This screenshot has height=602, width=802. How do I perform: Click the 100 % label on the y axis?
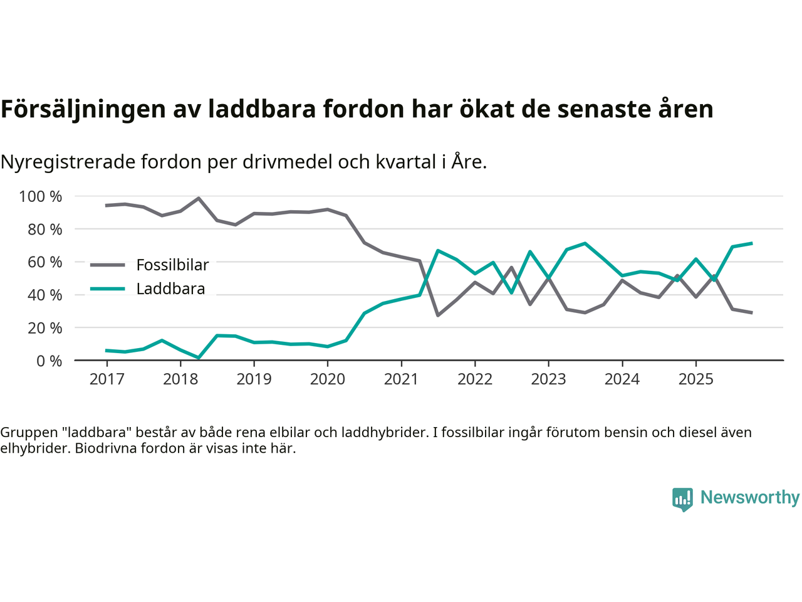(x=41, y=197)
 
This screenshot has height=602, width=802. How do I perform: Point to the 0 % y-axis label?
(x=48, y=361)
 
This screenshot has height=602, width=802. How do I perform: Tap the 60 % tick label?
(x=44, y=262)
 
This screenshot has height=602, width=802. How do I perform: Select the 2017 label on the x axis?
(x=107, y=379)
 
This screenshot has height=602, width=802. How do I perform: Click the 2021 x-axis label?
(x=401, y=379)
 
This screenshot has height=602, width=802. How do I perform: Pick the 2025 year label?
(x=695, y=379)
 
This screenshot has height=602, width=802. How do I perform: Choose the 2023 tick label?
(x=548, y=379)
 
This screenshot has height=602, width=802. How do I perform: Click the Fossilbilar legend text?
(x=172, y=265)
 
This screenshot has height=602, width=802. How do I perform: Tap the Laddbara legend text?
(x=170, y=289)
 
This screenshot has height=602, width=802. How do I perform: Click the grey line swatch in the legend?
(x=108, y=265)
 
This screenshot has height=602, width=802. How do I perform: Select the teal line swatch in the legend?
(x=108, y=289)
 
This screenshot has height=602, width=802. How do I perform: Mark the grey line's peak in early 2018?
(x=199, y=198)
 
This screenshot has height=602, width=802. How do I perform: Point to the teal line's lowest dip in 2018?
(x=199, y=358)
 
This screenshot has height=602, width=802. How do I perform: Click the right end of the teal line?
(x=751, y=243)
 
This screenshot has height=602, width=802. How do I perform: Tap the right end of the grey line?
(x=751, y=312)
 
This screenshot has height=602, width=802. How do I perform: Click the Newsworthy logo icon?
(x=682, y=499)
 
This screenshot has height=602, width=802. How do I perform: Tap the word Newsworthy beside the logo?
(x=749, y=497)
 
